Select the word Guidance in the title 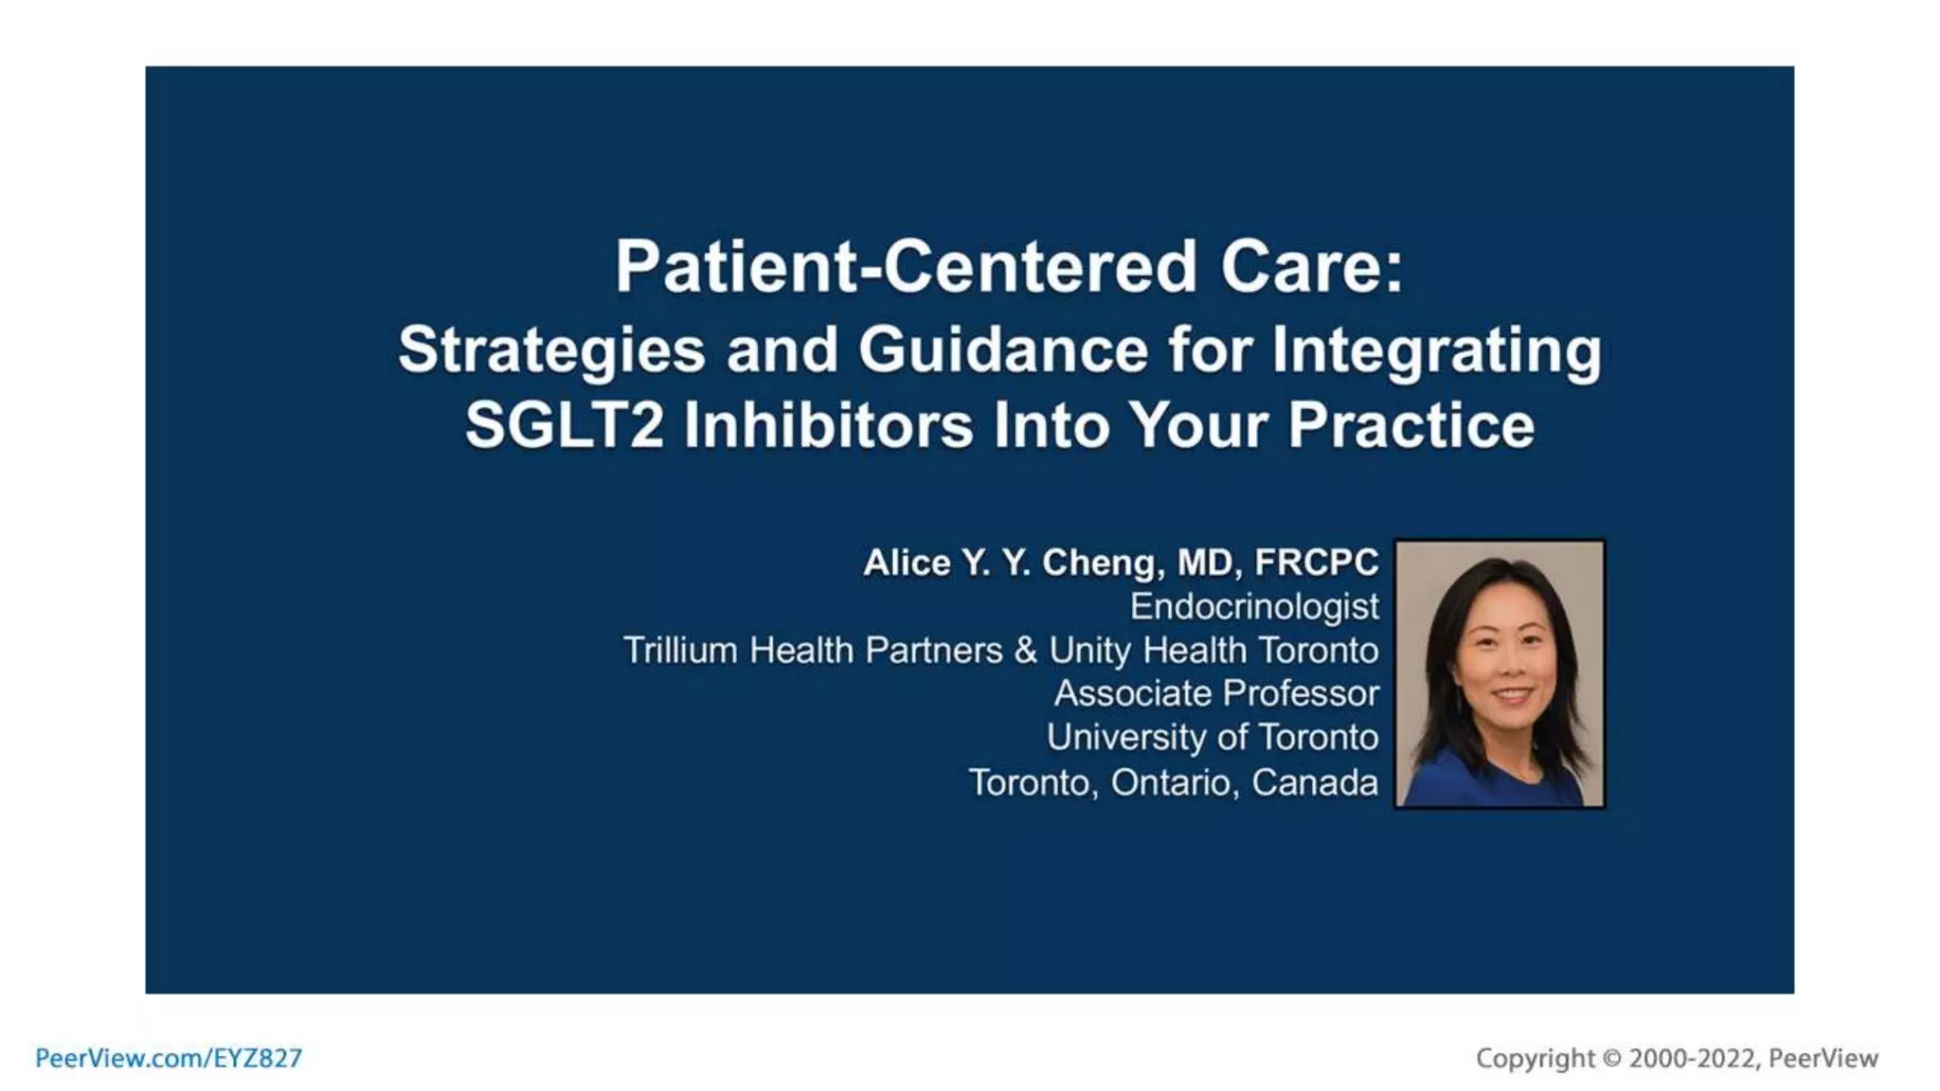[1003, 349]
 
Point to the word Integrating [1436, 350]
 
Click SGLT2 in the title [565, 424]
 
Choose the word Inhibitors [828, 424]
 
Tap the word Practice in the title [1410, 424]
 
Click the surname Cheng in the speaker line [1103, 563]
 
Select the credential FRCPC [1317, 563]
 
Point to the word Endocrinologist [1254, 607]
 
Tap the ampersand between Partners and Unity [1025, 651]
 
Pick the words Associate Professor [1216, 693]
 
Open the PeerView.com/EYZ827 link [169, 1058]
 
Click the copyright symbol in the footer [1611, 1058]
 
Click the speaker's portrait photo [1500, 673]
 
